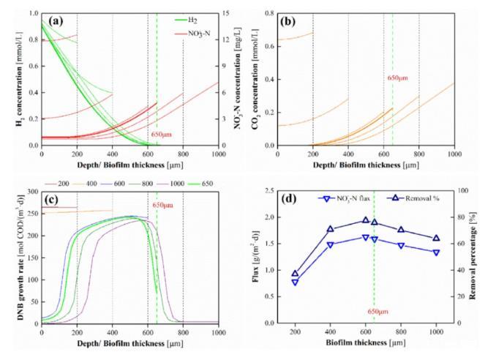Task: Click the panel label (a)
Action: tap(55, 20)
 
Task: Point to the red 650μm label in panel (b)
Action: tap(398, 77)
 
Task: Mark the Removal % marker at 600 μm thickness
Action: tap(366, 220)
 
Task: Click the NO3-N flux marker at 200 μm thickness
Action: tap(295, 282)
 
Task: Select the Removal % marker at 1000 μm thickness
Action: tap(436, 238)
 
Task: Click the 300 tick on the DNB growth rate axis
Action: tap(31, 191)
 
